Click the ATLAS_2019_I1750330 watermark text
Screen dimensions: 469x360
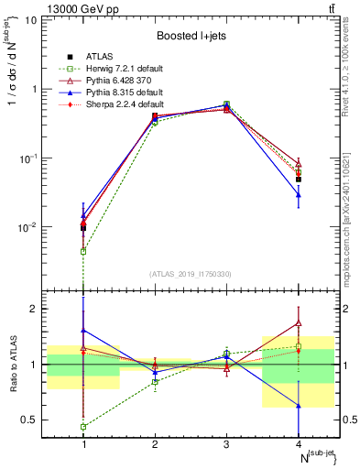point(191,274)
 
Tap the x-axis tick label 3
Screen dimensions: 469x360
point(226,445)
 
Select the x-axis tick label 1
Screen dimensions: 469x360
point(84,445)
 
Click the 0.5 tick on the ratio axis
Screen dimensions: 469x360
point(34,420)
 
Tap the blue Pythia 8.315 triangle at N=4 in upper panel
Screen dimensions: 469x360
point(298,194)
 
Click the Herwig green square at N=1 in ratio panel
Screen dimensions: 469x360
point(83,427)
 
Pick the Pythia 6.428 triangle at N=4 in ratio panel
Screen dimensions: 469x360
point(298,322)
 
